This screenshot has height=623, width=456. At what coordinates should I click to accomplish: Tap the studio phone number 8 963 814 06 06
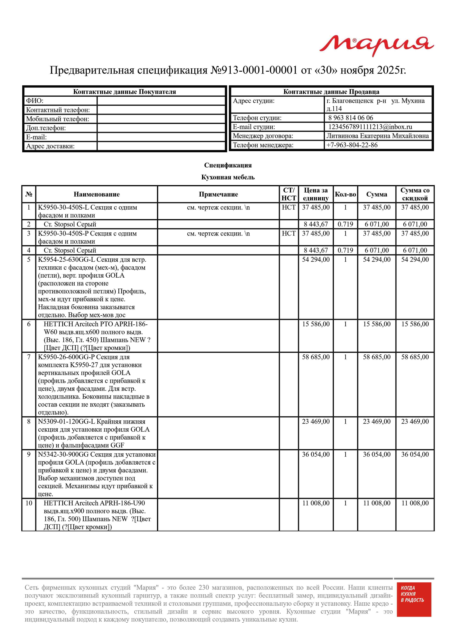coord(351,118)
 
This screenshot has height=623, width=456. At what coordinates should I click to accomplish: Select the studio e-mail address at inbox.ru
coord(370,127)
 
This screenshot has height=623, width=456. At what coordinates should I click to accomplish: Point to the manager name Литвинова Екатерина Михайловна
coord(377,136)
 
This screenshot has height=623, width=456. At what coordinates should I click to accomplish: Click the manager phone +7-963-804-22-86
coord(352,145)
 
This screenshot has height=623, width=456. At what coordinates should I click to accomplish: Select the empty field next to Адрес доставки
coord(161,146)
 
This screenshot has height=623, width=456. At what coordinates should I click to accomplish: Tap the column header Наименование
coord(97,194)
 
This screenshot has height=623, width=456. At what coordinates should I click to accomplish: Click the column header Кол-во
coord(345,194)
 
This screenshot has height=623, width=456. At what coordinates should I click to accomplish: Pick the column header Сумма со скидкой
coord(415,194)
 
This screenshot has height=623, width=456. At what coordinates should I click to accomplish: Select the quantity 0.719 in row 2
coord(345,224)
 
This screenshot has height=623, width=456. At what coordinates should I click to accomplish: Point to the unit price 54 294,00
coord(316,259)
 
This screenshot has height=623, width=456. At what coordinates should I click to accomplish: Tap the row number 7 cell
coord(29,357)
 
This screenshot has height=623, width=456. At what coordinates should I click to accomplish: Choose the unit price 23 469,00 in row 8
coord(316,421)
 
